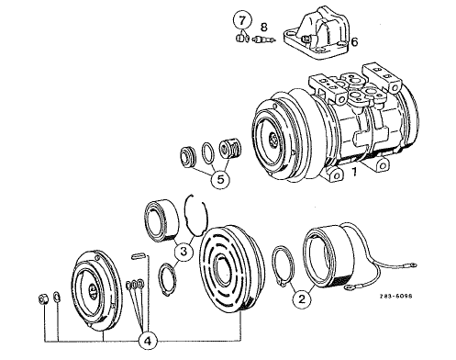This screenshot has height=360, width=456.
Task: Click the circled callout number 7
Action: [242, 21]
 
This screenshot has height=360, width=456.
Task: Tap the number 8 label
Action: [263, 28]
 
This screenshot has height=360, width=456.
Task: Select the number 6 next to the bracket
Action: [354, 42]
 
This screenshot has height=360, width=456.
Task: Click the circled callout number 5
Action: [220, 180]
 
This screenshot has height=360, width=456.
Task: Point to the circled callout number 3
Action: [184, 252]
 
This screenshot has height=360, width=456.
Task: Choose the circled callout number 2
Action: [302, 299]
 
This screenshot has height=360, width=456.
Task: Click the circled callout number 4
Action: [148, 341]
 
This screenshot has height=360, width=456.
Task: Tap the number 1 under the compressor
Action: [354, 172]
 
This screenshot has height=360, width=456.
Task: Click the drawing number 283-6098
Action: [396, 296]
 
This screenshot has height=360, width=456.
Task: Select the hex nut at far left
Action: [43, 298]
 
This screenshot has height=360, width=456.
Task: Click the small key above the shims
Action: [139, 256]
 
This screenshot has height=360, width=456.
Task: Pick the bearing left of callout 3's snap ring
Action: [161, 219]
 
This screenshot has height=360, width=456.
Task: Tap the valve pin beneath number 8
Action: [264, 39]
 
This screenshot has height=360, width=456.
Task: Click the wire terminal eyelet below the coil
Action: [348, 287]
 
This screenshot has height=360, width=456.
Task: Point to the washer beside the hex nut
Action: [57, 297]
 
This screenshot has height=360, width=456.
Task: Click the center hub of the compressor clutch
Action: [272, 140]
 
